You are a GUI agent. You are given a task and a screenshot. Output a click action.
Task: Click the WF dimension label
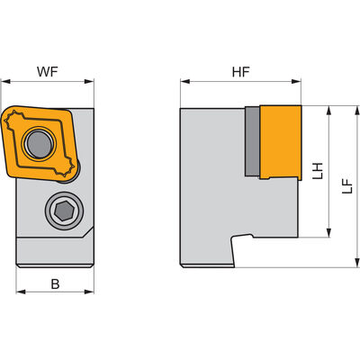pyautogui.click(x=47, y=72)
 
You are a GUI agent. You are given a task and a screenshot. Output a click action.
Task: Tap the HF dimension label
pyautogui.click(x=240, y=72)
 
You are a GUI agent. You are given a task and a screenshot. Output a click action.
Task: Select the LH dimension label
pyautogui.click(x=317, y=171)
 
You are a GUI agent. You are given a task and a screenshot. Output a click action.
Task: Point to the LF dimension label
pyautogui.click(x=347, y=186)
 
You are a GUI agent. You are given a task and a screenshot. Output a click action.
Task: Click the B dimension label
pyautogui.click(x=55, y=283)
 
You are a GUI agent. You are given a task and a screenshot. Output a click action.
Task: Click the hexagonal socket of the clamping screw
pyautogui.click(x=64, y=211)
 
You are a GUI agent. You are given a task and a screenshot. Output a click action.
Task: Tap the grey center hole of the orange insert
pyautogui.click(x=40, y=144)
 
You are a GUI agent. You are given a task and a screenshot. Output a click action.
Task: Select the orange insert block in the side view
pyautogui.click(x=280, y=142)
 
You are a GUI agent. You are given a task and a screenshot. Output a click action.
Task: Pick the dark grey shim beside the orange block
pyautogui.click(x=252, y=141)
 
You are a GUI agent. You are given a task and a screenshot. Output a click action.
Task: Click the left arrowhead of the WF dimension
pyautogui.click(x=6, y=81)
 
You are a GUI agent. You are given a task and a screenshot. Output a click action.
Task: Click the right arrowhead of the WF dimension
pyautogui.click(x=89, y=81)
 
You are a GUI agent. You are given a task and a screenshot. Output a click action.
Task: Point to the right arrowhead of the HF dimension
pyautogui.click(x=296, y=81)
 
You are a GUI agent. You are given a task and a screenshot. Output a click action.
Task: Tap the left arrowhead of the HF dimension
pyautogui.click(x=185, y=81)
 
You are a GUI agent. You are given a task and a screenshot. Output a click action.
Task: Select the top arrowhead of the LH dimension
pyautogui.click(x=328, y=111)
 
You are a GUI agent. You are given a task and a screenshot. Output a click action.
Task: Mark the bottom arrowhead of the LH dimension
pyautogui.click(x=328, y=232)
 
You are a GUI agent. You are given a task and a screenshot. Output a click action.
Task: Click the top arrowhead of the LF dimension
pyautogui.click(x=356, y=111)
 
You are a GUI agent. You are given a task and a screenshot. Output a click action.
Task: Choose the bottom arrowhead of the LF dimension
pyautogui.click(x=356, y=263)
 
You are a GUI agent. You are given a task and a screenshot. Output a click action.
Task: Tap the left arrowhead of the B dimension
pyautogui.click(x=21, y=292)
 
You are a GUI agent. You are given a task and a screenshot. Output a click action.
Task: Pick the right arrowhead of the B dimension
pyautogui.click(x=89, y=292)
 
